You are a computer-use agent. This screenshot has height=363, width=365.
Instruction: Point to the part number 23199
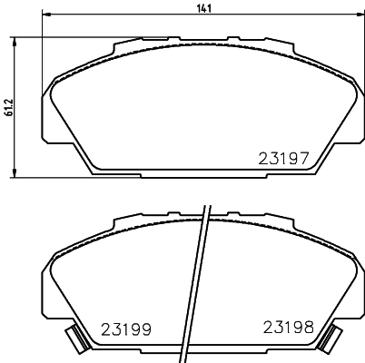(x=125, y=329)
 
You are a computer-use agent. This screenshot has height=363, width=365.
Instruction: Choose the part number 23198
(x=289, y=327)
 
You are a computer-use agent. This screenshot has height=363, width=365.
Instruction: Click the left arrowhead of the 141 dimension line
(x=48, y=17)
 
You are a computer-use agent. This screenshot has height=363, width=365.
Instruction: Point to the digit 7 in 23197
(x=306, y=157)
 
